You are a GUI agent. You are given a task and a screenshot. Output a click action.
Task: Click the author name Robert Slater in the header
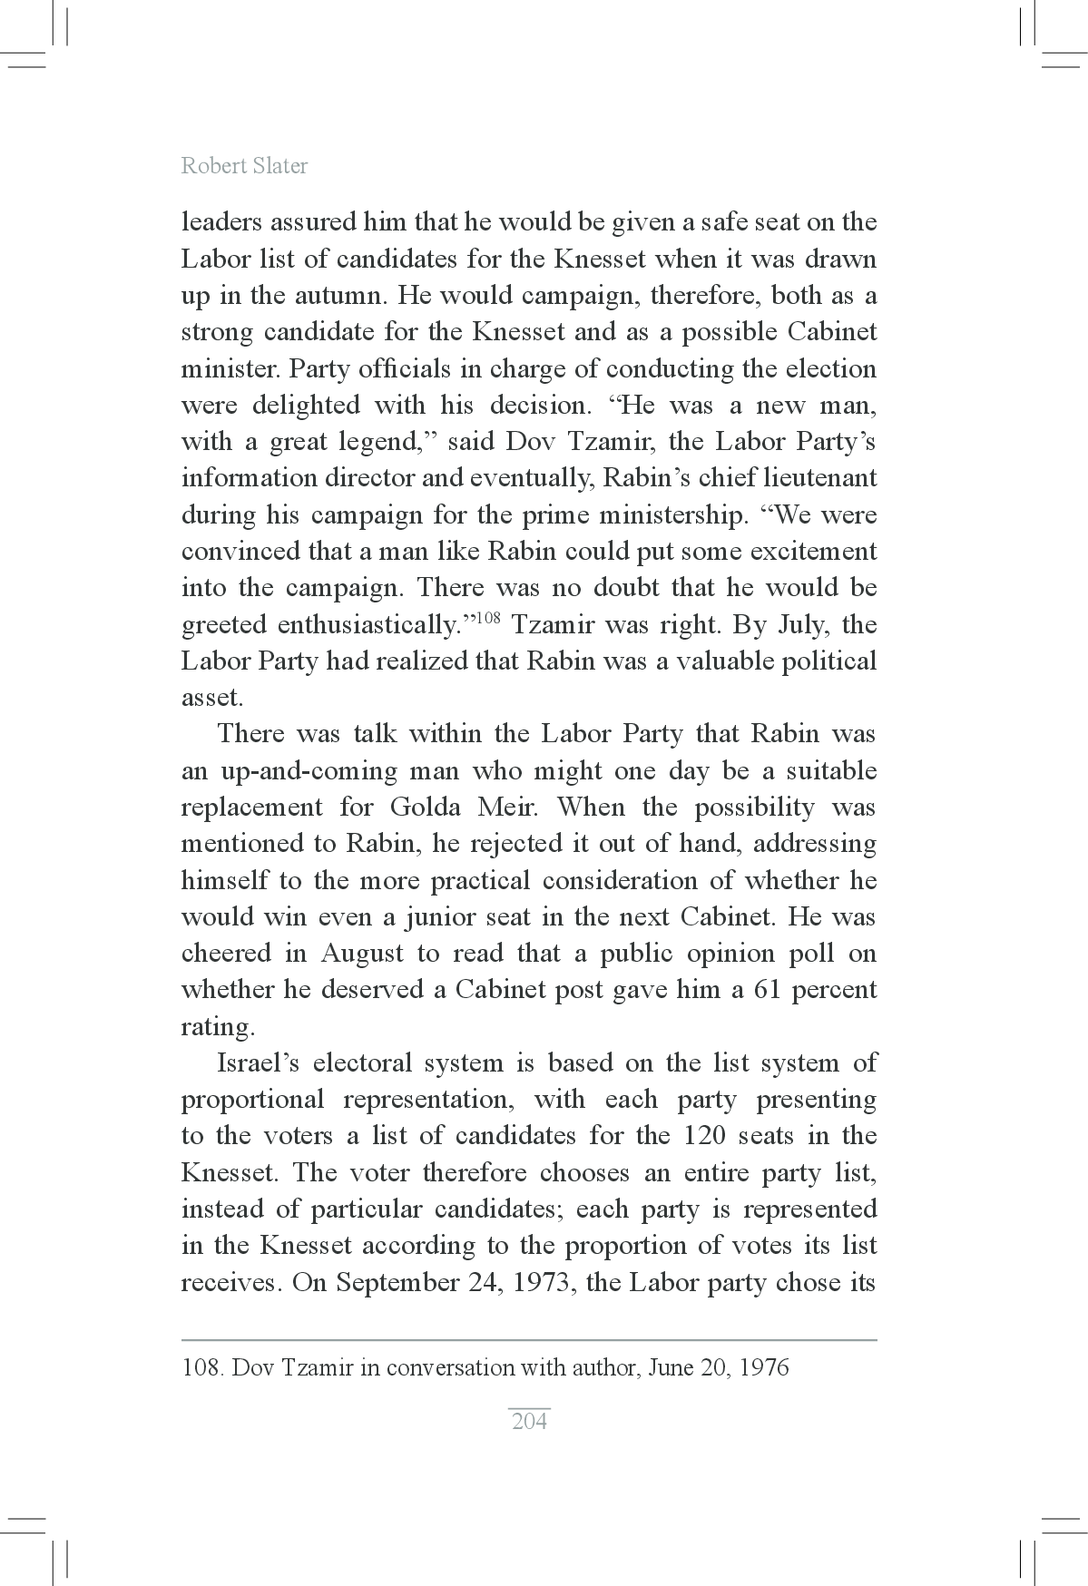[244, 165]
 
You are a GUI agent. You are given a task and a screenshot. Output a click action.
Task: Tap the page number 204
[529, 1421]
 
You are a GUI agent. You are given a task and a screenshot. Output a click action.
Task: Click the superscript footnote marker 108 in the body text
[489, 619]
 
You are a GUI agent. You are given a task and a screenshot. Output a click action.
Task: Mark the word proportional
[252, 1100]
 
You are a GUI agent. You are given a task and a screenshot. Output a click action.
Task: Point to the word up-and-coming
[309, 771]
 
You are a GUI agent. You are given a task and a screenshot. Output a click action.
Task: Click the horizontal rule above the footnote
[529, 1339]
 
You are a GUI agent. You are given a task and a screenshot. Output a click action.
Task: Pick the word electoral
[361, 1062]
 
